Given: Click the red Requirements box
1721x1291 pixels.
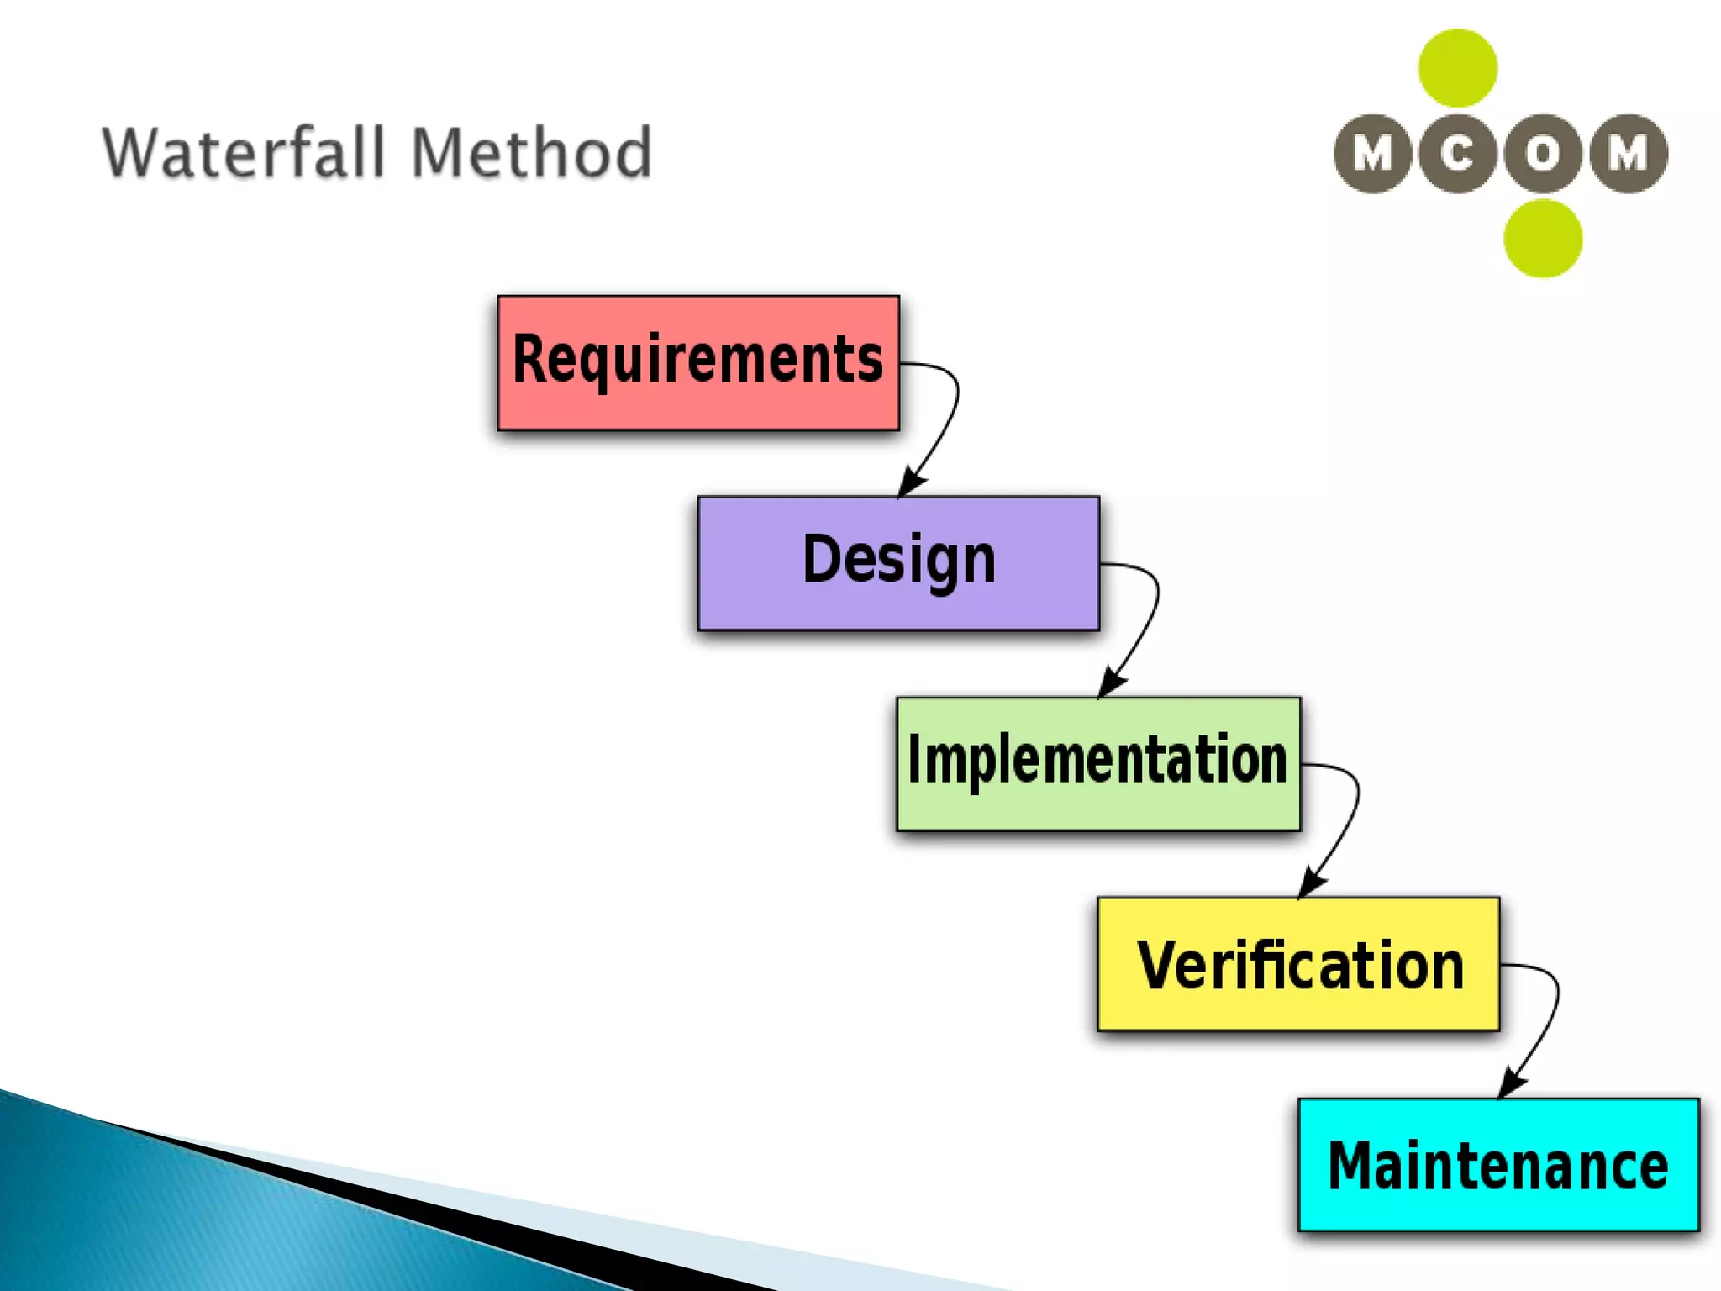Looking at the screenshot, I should (697, 363).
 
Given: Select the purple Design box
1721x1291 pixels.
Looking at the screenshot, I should (898, 563).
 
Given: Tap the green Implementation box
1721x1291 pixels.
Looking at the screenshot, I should (1098, 764).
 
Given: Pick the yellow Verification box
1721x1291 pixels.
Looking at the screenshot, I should (1298, 964).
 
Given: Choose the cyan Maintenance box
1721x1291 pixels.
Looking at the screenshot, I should (1498, 1165).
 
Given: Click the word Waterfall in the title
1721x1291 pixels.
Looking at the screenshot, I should (244, 153).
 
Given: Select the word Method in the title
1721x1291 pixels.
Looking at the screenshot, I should (531, 153).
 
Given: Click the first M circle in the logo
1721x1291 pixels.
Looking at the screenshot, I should (1372, 154).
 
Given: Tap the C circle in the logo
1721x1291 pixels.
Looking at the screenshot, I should (1457, 154).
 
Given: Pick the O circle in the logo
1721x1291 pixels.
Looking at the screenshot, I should (1543, 154).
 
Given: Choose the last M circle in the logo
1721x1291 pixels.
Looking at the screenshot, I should (1628, 154).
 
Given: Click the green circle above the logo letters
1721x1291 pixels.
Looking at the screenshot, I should (1457, 68).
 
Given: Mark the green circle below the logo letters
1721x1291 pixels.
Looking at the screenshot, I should (1543, 239).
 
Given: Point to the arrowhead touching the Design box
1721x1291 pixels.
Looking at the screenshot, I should (911, 482).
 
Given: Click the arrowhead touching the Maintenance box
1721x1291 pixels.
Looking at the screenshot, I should (1512, 1084).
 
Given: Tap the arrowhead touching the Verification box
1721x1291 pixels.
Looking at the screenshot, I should (1312, 884).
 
